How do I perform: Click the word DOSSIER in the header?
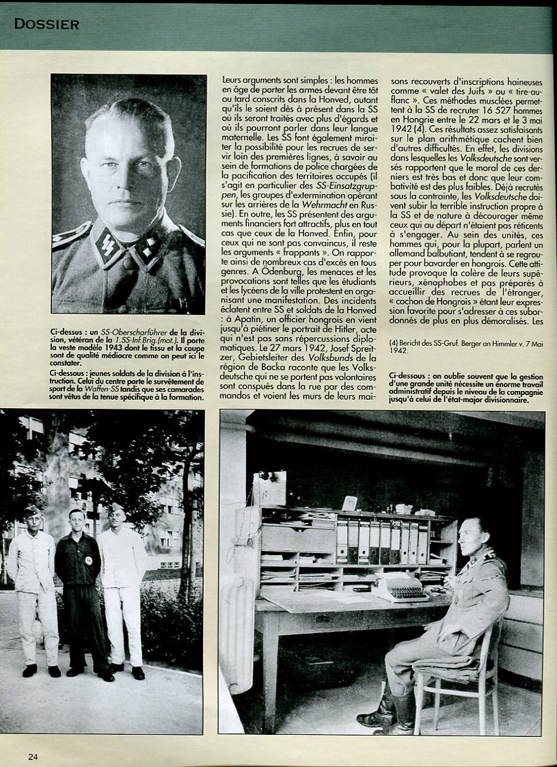46,25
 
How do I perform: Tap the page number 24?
33,755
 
